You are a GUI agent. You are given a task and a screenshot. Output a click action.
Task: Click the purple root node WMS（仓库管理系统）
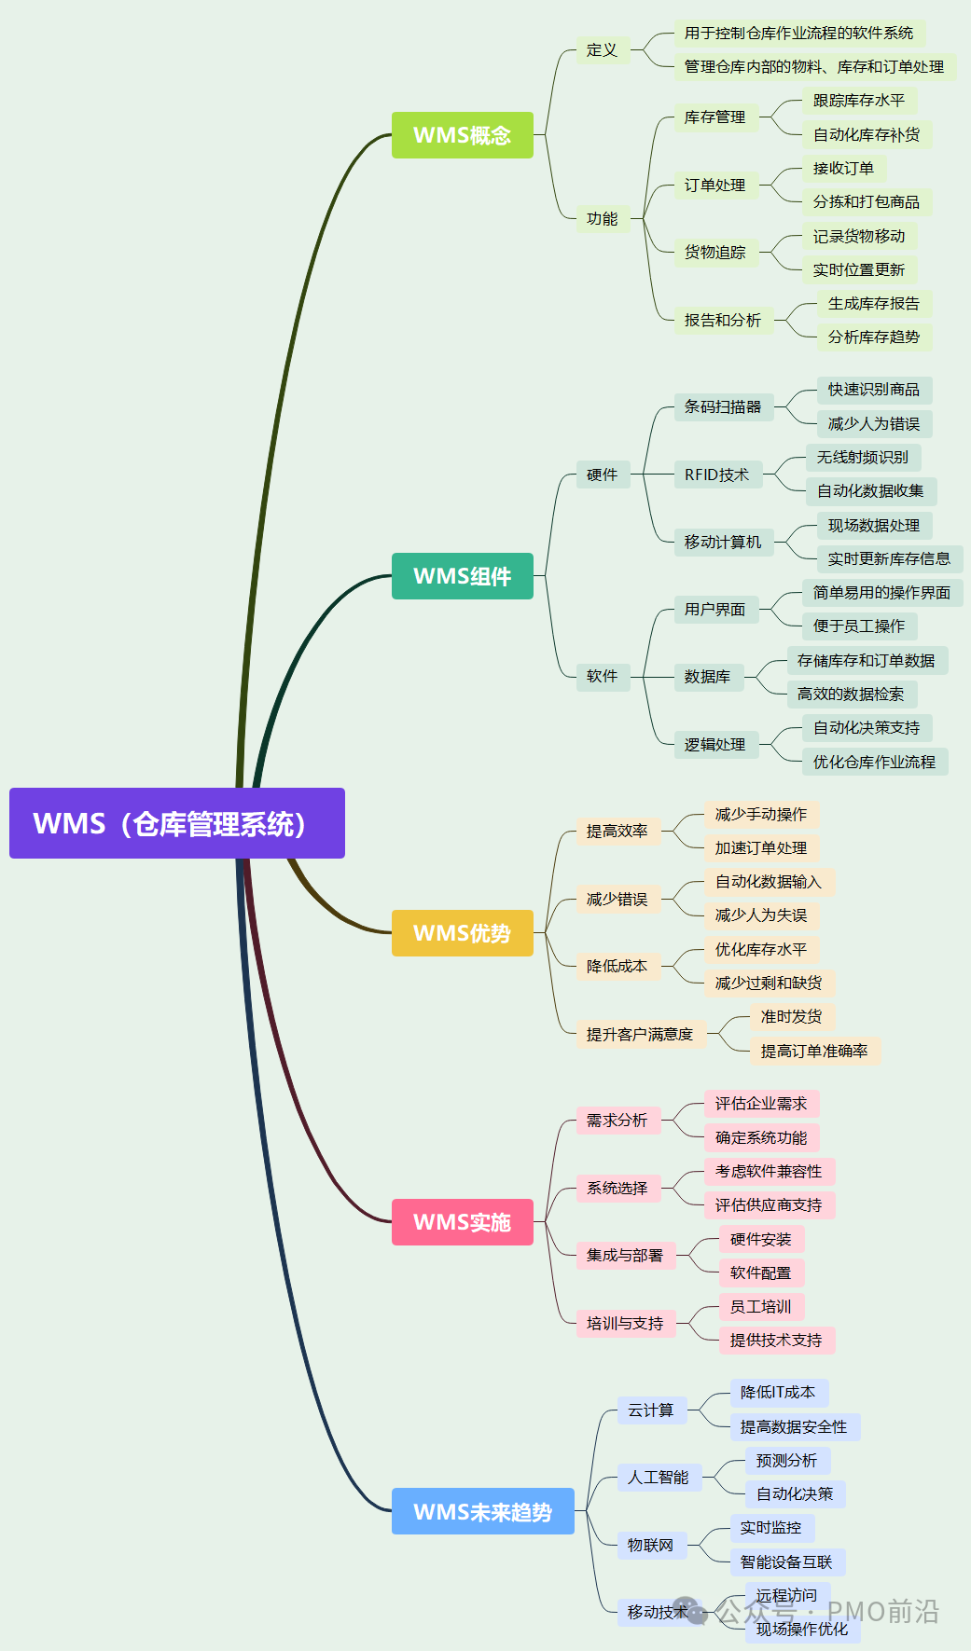(177, 823)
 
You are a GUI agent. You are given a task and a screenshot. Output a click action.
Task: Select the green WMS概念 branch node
(462, 135)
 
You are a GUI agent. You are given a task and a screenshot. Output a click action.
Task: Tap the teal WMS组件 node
(462, 576)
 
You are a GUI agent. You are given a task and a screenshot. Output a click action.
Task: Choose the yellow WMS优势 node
(462, 933)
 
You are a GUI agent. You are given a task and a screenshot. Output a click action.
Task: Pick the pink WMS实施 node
(462, 1222)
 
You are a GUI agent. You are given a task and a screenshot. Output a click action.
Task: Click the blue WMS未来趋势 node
(482, 1511)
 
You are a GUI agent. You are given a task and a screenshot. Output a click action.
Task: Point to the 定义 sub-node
(602, 50)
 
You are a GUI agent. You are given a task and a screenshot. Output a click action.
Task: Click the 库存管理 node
(714, 117)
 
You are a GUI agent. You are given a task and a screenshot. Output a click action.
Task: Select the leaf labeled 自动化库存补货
(866, 135)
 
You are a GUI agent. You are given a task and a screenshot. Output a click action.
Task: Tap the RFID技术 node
(716, 475)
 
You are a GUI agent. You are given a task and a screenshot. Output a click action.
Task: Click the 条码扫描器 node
(723, 406)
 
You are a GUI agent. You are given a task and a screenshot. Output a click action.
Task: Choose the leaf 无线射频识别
(862, 457)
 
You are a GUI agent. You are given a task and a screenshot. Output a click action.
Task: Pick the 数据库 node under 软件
(707, 677)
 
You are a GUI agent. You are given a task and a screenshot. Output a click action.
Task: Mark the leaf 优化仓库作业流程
(874, 762)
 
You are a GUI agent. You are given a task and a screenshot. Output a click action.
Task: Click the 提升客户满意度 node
(640, 1034)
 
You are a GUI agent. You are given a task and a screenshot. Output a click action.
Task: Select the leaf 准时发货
(791, 1016)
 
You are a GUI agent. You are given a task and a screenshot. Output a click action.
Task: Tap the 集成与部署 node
(625, 1256)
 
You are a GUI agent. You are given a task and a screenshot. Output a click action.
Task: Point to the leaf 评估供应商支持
(769, 1205)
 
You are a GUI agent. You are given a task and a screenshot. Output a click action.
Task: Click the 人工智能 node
(658, 1478)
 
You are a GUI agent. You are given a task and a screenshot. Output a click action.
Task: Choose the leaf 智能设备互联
(786, 1562)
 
